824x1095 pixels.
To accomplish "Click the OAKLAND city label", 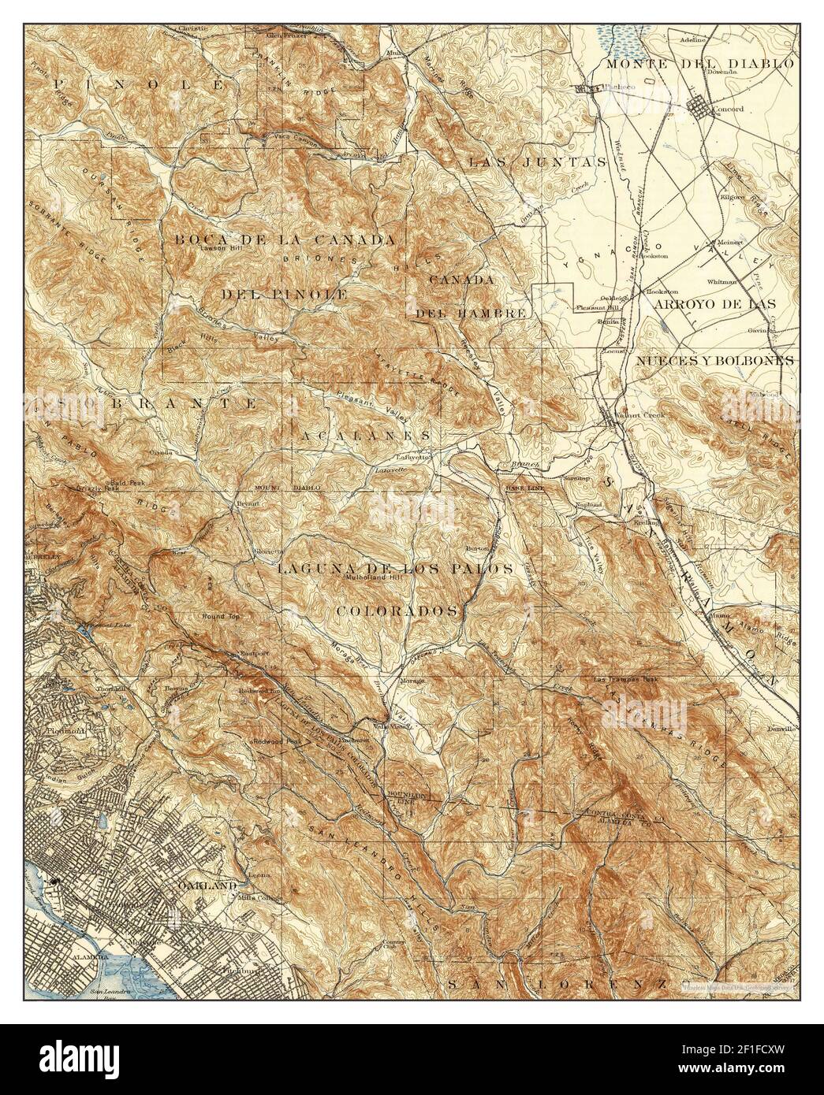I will point(210,885).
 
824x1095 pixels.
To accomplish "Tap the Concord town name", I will point(727,110).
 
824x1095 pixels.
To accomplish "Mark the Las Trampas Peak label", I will point(630,678).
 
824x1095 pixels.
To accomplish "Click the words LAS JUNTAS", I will point(537,162).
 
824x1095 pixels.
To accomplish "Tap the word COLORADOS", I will point(398,611).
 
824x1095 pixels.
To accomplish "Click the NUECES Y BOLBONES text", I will point(714,359).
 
